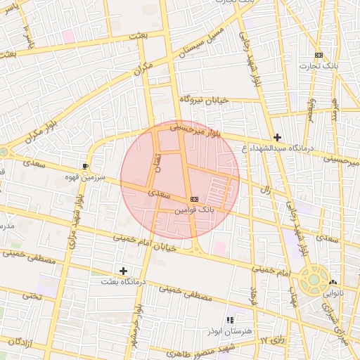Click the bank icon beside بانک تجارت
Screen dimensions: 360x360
point(319,55)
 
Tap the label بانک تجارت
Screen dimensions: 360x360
point(319,66)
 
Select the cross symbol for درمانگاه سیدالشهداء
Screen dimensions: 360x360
point(278,137)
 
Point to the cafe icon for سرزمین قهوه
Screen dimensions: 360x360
point(85,166)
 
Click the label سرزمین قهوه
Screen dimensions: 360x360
point(86,178)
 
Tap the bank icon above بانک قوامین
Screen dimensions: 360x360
point(194,200)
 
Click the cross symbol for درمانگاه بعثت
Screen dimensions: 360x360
point(124,270)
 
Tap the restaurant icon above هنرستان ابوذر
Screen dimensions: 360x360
point(229,320)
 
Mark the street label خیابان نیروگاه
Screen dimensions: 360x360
point(204,101)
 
